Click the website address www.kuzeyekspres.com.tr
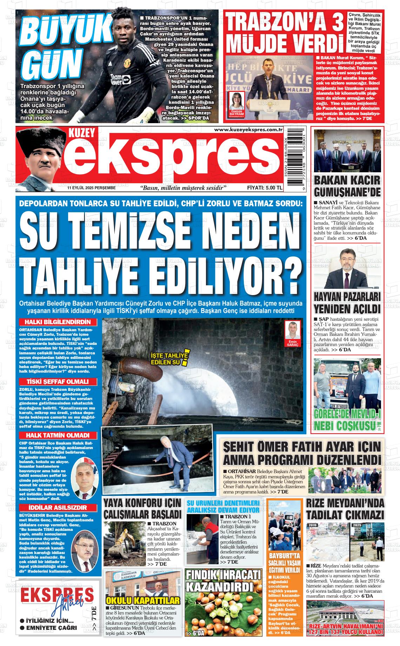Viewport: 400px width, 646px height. click(x=248, y=130)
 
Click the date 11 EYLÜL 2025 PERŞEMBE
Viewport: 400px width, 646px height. click(x=92, y=188)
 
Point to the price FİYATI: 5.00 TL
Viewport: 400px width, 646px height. click(x=265, y=188)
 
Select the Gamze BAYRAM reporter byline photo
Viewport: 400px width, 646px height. click(x=236, y=104)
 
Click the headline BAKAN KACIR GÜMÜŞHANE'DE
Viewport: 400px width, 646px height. click(x=347, y=186)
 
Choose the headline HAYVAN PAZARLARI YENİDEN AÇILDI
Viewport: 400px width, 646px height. click(x=347, y=303)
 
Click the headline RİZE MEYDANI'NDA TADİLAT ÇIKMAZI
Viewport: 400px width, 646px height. click(x=345, y=509)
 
